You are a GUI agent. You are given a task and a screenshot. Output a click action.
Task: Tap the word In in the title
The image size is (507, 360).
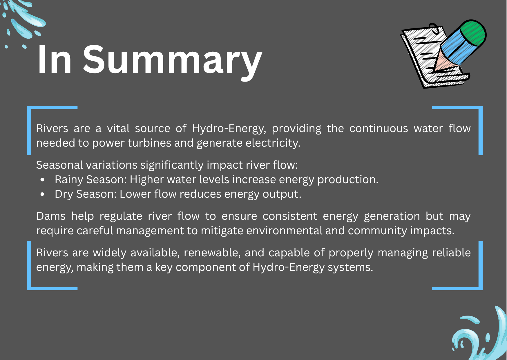[x=55, y=60]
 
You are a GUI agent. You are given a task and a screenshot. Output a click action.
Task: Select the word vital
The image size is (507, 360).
[x=118, y=128]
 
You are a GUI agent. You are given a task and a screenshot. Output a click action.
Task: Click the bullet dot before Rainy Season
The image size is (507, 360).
[x=43, y=180]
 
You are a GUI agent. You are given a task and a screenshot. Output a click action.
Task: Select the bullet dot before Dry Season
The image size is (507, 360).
[x=43, y=194]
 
